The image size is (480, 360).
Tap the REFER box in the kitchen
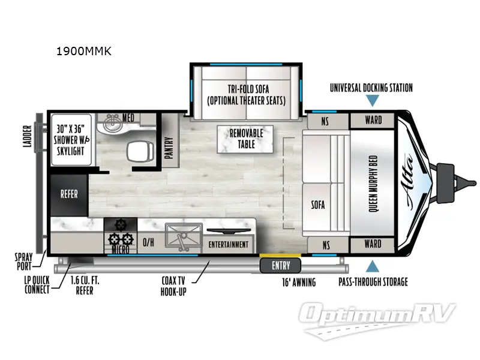coord(68,194)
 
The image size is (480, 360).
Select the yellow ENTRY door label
coord(280,265)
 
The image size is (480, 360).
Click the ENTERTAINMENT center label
coord(228,245)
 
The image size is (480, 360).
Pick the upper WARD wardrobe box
coord(373,121)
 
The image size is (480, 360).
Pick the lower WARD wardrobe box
coord(373,244)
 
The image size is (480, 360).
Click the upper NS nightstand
coord(325,121)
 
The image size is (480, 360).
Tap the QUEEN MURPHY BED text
coord(373,182)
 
